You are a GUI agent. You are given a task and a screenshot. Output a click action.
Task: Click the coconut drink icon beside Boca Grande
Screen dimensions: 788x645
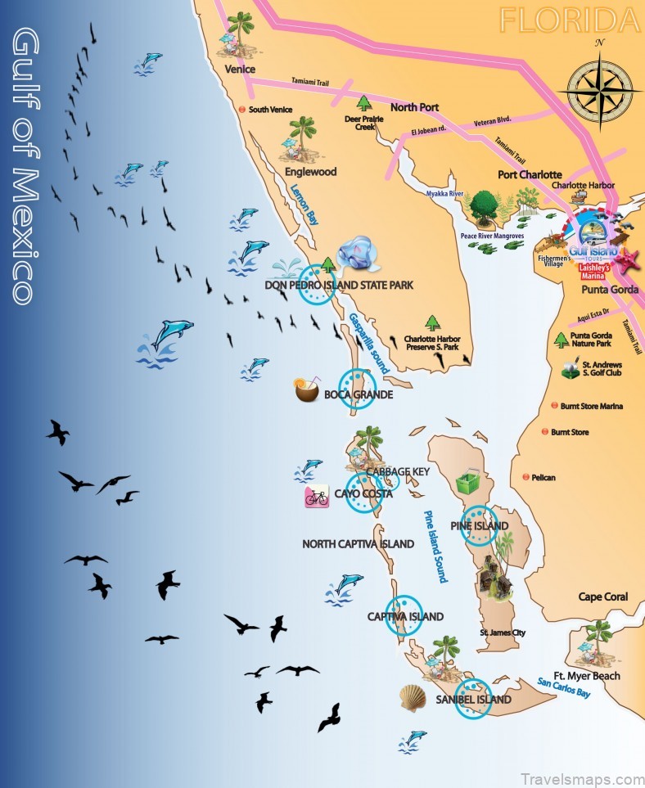306,390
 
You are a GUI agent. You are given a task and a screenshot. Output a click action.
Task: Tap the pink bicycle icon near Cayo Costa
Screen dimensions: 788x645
317,497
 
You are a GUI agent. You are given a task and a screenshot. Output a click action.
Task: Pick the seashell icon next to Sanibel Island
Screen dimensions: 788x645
413,698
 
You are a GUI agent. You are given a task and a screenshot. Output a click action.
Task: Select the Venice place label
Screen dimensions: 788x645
241,70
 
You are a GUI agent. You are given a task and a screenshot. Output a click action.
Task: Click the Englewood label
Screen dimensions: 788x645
310,173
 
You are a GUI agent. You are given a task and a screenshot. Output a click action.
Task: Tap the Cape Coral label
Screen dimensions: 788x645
603,597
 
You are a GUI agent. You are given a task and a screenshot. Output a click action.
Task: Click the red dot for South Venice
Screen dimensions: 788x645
241,109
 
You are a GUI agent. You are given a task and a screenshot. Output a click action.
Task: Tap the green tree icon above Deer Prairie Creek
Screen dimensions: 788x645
363,103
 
